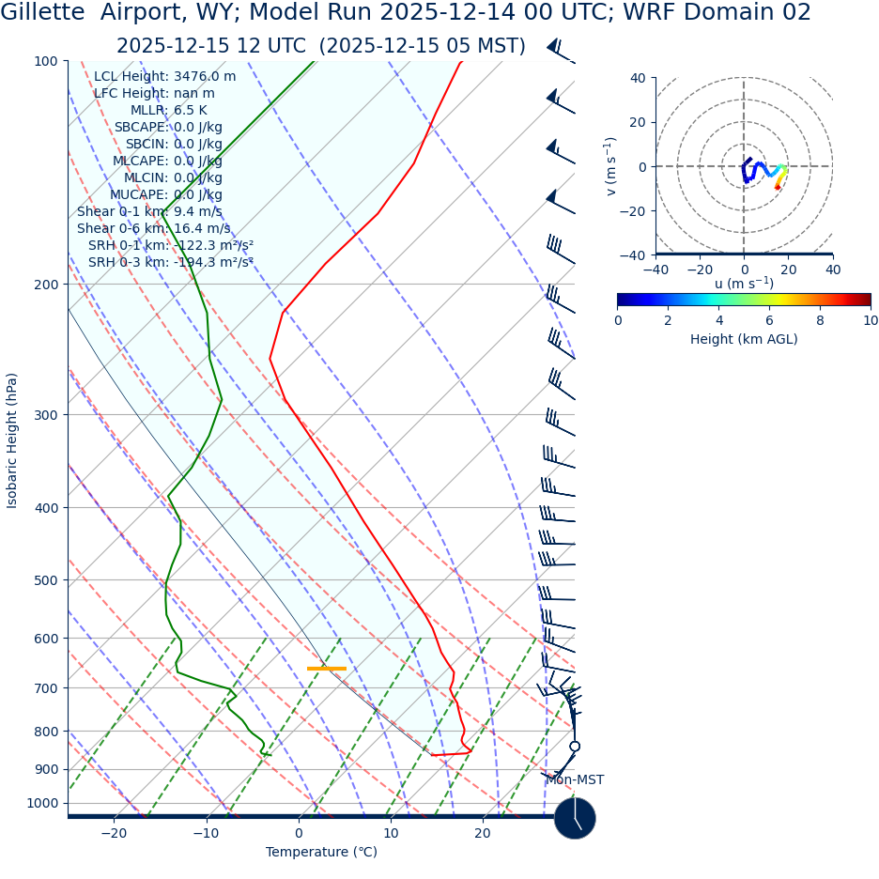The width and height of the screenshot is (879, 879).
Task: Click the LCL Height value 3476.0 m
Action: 205,77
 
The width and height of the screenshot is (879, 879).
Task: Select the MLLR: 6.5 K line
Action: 168,111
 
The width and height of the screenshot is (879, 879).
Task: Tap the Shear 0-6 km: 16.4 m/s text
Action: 153,229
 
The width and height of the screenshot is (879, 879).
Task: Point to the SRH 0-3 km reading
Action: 171,263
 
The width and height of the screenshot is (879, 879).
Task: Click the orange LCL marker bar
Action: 327,669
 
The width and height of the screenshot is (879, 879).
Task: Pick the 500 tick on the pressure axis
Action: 43,580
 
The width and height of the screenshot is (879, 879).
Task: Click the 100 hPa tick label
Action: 45,62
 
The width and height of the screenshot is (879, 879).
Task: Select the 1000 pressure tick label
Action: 41,804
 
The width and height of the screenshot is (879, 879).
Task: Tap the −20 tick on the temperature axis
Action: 113,834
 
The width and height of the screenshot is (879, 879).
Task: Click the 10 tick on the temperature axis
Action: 391,834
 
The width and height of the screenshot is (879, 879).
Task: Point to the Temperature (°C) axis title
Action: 321,853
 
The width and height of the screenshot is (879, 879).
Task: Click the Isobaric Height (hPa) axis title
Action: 12,440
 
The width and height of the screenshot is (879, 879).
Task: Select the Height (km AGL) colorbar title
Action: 744,340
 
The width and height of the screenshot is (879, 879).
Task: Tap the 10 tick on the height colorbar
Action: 871,321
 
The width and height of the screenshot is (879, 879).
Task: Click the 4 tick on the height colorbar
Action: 718,321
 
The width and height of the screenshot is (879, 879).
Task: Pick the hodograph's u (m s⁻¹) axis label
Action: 744,284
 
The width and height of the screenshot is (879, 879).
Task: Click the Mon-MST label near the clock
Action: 575,780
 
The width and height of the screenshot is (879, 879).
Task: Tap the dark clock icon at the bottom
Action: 575,818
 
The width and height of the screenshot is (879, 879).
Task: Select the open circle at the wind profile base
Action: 575,747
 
